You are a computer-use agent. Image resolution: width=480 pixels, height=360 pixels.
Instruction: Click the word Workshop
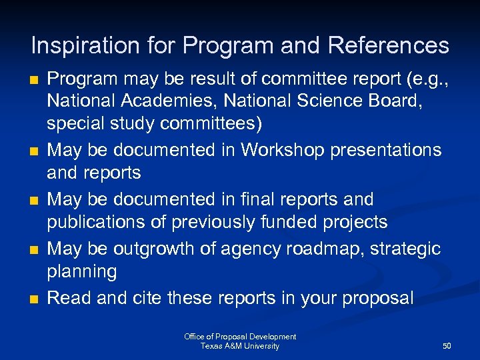[279, 149]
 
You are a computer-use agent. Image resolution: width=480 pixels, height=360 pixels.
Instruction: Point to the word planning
[81, 271]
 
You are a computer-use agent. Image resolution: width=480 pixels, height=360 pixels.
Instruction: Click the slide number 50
[447, 346]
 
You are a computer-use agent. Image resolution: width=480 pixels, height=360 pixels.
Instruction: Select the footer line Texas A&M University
[240, 346]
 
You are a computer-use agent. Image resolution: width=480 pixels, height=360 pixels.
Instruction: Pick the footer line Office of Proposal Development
[240, 337]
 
